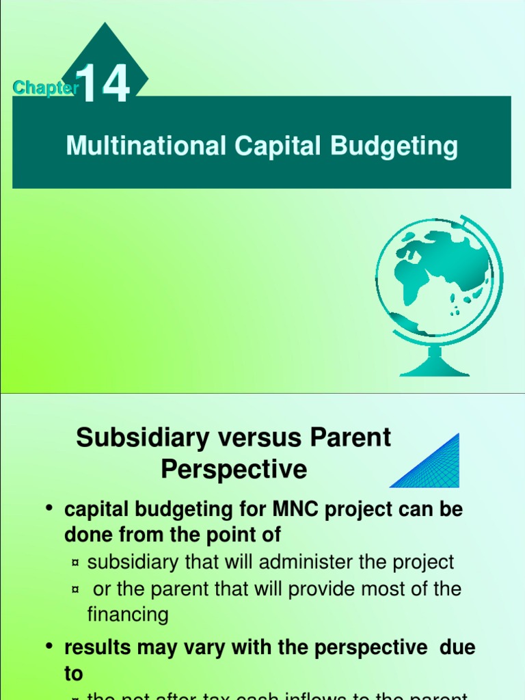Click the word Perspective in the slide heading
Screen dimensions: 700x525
click(x=234, y=470)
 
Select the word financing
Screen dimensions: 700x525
click(x=128, y=615)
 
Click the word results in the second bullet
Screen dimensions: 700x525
click(x=97, y=647)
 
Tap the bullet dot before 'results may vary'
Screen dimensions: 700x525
click(x=49, y=647)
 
